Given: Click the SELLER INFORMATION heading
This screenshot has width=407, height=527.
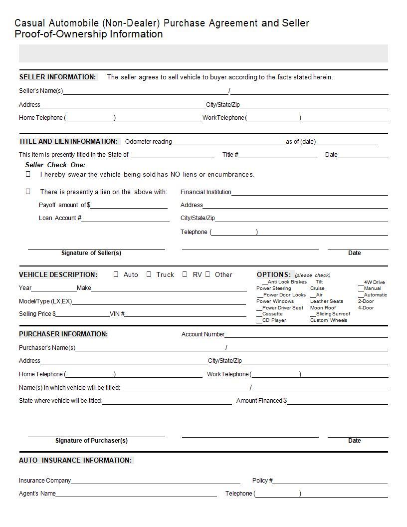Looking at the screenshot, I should (57, 77).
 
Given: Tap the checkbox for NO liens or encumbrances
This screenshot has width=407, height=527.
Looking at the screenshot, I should (28, 174).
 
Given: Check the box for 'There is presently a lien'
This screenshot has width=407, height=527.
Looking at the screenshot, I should (28, 192).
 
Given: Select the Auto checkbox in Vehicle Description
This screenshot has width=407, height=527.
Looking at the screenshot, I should (116, 274).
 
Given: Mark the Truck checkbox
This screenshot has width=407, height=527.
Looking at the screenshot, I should (149, 274).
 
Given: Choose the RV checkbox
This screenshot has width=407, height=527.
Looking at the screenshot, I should (185, 274).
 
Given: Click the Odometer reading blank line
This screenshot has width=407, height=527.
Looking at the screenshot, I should (228, 142).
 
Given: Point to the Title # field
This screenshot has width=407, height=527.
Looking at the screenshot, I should (277, 155).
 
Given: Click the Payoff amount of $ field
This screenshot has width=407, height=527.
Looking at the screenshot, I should (129, 206).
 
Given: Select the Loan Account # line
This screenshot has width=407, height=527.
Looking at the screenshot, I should (125, 219).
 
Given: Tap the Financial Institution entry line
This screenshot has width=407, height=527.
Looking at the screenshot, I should (309, 192).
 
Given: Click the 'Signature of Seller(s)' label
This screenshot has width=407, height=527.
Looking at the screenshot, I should (91, 253).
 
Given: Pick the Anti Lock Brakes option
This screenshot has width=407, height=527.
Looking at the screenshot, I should (284, 282).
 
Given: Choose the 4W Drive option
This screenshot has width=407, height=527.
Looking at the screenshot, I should (372, 282).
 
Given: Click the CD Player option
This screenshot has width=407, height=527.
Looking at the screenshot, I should (272, 320).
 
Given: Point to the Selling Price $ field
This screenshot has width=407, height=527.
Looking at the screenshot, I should (82, 314).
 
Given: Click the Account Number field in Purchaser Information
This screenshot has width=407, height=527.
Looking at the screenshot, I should (306, 335).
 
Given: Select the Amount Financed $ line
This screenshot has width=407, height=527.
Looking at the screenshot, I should (337, 401).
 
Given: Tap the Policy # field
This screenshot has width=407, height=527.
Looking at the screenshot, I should (330, 481).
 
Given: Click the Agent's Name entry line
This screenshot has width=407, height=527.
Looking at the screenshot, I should (136, 494).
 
